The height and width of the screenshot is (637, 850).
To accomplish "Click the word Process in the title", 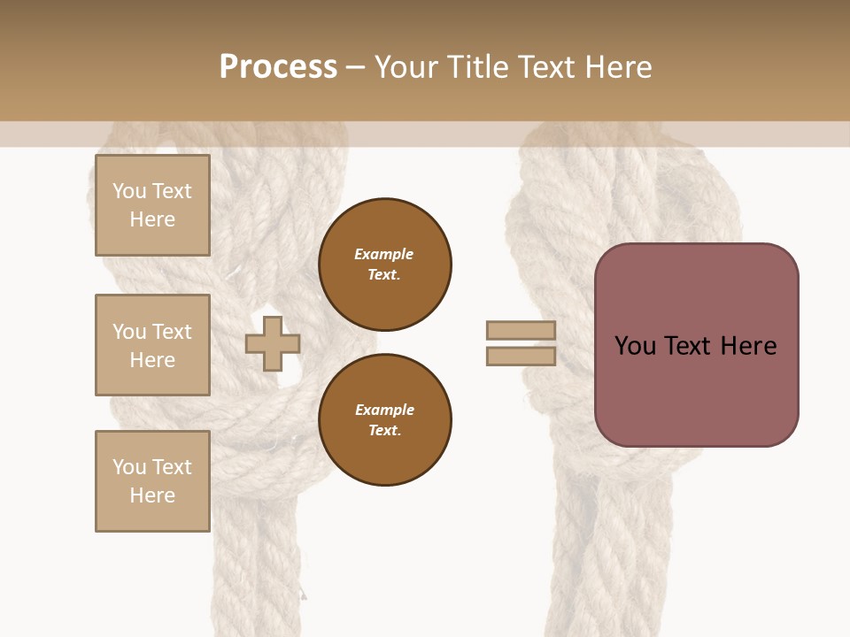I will pos(278,67).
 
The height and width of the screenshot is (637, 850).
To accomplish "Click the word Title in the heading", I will pos(479,67).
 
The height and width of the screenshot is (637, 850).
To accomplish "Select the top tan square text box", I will pos(152,205).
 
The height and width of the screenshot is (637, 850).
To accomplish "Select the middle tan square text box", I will pos(152,345).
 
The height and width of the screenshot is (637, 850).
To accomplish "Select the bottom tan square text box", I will pos(152,481).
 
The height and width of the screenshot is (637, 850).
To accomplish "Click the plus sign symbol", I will pos(273,343).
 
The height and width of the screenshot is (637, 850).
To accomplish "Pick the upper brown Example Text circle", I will pos(384,265).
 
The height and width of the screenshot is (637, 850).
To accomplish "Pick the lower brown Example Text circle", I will pos(384,420).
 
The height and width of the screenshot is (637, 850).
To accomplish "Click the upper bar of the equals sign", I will pos(521,330).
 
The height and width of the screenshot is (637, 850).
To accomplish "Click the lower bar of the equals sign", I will pos(521,357).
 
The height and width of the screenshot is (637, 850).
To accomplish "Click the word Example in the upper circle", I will pos(384,254).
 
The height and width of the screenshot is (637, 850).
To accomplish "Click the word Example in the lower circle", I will pos(384,410).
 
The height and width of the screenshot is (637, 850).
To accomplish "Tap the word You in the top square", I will pos(129,191).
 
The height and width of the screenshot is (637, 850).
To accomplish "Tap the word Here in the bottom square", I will pos(152,495).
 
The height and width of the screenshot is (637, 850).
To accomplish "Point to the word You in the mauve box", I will pos(635,346).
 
